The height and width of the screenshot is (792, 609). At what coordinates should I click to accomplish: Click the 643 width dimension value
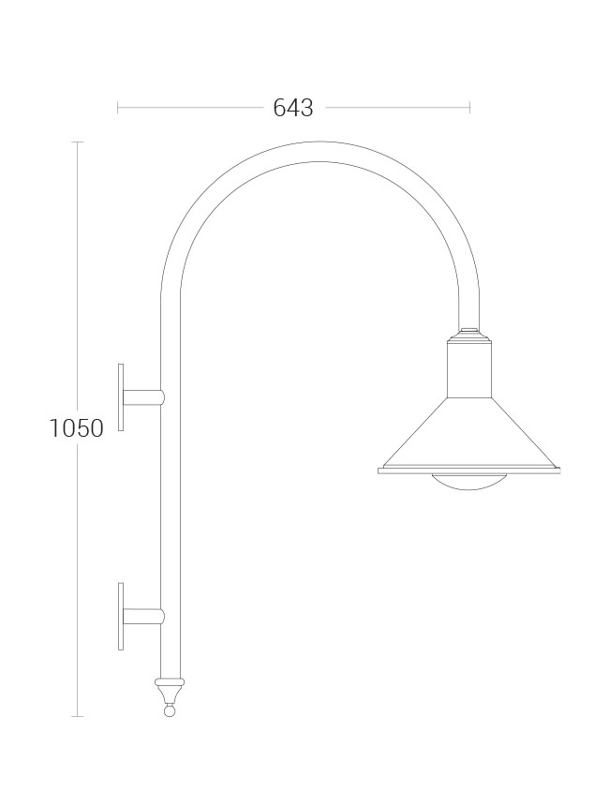[x=293, y=108]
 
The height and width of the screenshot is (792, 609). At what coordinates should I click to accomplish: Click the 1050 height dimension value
[x=76, y=427]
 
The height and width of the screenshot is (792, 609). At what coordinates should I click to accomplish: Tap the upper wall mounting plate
[x=121, y=397]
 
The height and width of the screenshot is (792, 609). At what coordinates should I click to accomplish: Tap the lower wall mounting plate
[x=121, y=616]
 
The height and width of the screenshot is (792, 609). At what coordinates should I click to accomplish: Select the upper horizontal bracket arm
[x=143, y=397]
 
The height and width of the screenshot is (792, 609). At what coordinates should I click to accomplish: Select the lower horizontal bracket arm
[x=143, y=617]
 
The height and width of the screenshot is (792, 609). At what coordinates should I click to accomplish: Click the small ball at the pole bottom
[x=170, y=710]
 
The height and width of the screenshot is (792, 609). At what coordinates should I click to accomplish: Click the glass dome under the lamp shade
[x=468, y=482]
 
